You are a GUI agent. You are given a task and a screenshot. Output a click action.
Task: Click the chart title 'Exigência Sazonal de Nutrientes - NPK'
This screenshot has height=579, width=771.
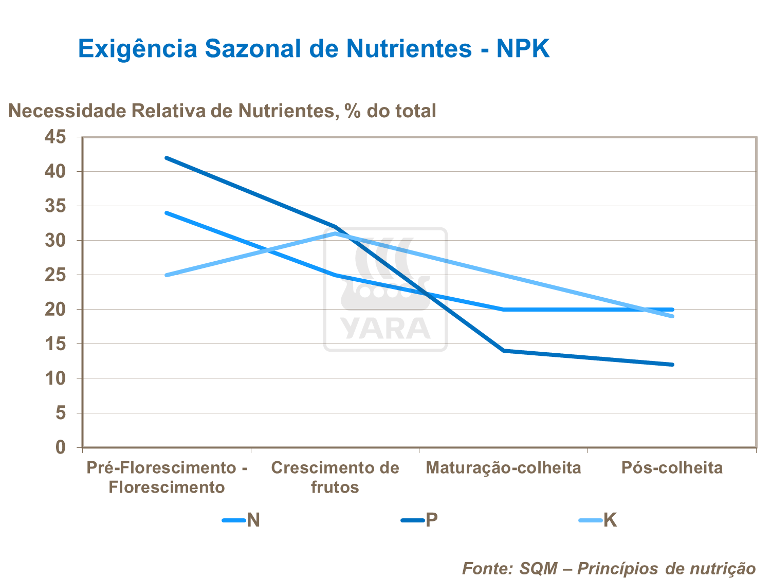pos(314,49)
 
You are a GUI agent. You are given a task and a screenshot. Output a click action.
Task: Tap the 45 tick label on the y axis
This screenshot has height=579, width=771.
pos(56,137)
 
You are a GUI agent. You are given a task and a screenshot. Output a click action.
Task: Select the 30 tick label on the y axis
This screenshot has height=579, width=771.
pos(56,241)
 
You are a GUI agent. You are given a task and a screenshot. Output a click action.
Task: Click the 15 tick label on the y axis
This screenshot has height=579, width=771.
pos(56,344)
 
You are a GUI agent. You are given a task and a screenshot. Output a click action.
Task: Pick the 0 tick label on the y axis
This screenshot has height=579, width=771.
pos(61,447)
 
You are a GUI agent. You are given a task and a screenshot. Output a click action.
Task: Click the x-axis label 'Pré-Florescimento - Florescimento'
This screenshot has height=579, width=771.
pos(167,477)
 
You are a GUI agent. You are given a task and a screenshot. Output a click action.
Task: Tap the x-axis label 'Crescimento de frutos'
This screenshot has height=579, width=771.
pos(335,477)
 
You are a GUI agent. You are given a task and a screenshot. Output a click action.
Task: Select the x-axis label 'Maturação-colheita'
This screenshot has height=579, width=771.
pos(503,468)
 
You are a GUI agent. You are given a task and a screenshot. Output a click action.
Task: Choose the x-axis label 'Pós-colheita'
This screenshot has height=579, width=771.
pos(672,468)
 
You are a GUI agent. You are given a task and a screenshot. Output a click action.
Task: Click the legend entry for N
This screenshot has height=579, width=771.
pos(242,520)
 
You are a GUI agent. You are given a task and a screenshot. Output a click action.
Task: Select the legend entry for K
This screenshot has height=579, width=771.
pos(598,520)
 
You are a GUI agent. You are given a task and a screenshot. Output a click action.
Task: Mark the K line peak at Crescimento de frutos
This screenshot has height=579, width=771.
pos(335,233)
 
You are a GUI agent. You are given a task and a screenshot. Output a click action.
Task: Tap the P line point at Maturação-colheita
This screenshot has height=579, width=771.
pos(504,351)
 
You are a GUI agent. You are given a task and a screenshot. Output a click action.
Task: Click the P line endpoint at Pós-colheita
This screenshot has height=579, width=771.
pos(672,365)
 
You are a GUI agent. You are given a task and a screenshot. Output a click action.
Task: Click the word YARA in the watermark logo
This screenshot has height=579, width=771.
pos(385,329)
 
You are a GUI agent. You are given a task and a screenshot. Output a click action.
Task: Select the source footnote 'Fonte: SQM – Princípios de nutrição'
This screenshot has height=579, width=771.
pos(609,568)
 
